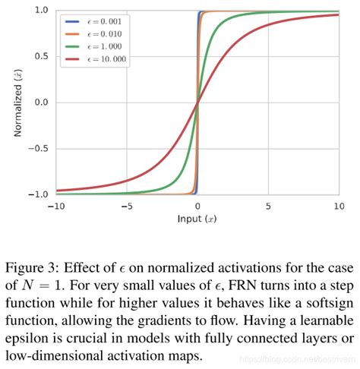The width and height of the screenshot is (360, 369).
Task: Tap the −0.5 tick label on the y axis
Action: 38,149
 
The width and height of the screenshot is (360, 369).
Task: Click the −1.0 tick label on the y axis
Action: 38,194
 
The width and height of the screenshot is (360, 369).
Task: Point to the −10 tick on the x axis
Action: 55,206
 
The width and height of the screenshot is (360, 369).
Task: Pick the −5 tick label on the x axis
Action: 126,206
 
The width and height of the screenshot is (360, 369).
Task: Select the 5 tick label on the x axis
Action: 268,206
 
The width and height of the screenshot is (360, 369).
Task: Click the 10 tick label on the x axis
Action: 338,206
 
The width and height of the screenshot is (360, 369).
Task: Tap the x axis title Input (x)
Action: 197,219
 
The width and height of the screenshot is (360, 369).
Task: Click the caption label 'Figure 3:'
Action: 40,266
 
